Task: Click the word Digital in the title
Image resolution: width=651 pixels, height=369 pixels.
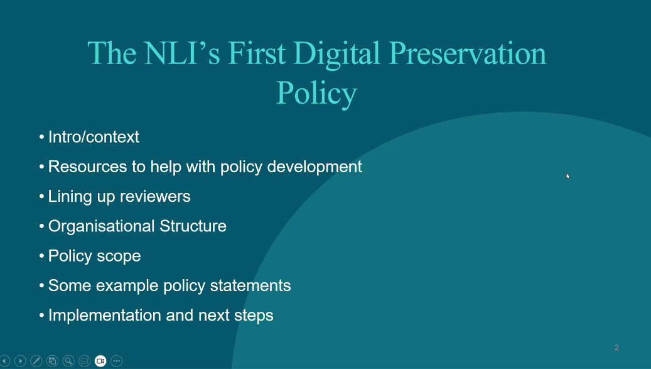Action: point(336,55)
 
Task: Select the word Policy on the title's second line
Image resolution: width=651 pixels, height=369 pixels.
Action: point(316,94)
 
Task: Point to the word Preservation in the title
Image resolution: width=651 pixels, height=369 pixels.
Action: point(467,53)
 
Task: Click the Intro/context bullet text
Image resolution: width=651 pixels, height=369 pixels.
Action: point(94,136)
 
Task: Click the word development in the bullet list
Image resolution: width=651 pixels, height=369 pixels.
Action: point(315,167)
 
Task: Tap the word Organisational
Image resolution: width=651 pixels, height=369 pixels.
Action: point(101,226)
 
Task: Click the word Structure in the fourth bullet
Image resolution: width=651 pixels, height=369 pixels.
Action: point(193,226)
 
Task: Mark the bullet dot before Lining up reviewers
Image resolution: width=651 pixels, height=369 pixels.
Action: point(41,196)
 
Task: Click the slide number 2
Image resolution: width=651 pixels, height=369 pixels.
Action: point(616,348)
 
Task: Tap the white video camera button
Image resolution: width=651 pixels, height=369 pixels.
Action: point(100,361)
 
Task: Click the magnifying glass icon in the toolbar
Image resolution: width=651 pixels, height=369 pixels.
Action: point(68,361)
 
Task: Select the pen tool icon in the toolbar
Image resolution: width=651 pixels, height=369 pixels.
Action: point(36,361)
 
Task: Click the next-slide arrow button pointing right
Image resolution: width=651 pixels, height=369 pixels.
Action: point(20,361)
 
